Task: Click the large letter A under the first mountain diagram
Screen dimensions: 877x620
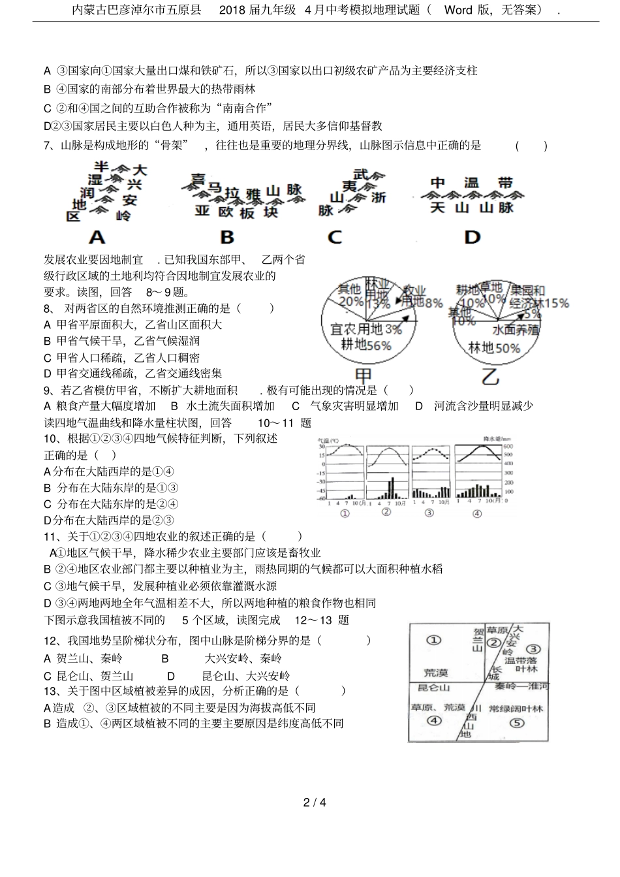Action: point(97,236)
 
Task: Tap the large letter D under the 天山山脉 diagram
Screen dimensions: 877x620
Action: point(472,236)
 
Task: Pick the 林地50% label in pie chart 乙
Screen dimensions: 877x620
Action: point(494,348)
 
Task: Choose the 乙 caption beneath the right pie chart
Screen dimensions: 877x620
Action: point(490,377)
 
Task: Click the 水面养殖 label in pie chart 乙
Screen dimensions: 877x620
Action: point(516,330)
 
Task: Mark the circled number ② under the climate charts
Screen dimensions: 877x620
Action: point(386,513)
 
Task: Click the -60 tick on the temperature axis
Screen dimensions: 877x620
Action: point(321,500)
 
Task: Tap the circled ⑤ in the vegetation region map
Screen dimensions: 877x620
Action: point(516,723)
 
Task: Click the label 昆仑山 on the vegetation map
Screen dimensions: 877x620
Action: point(433,688)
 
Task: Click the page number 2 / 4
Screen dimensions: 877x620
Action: point(314,803)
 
